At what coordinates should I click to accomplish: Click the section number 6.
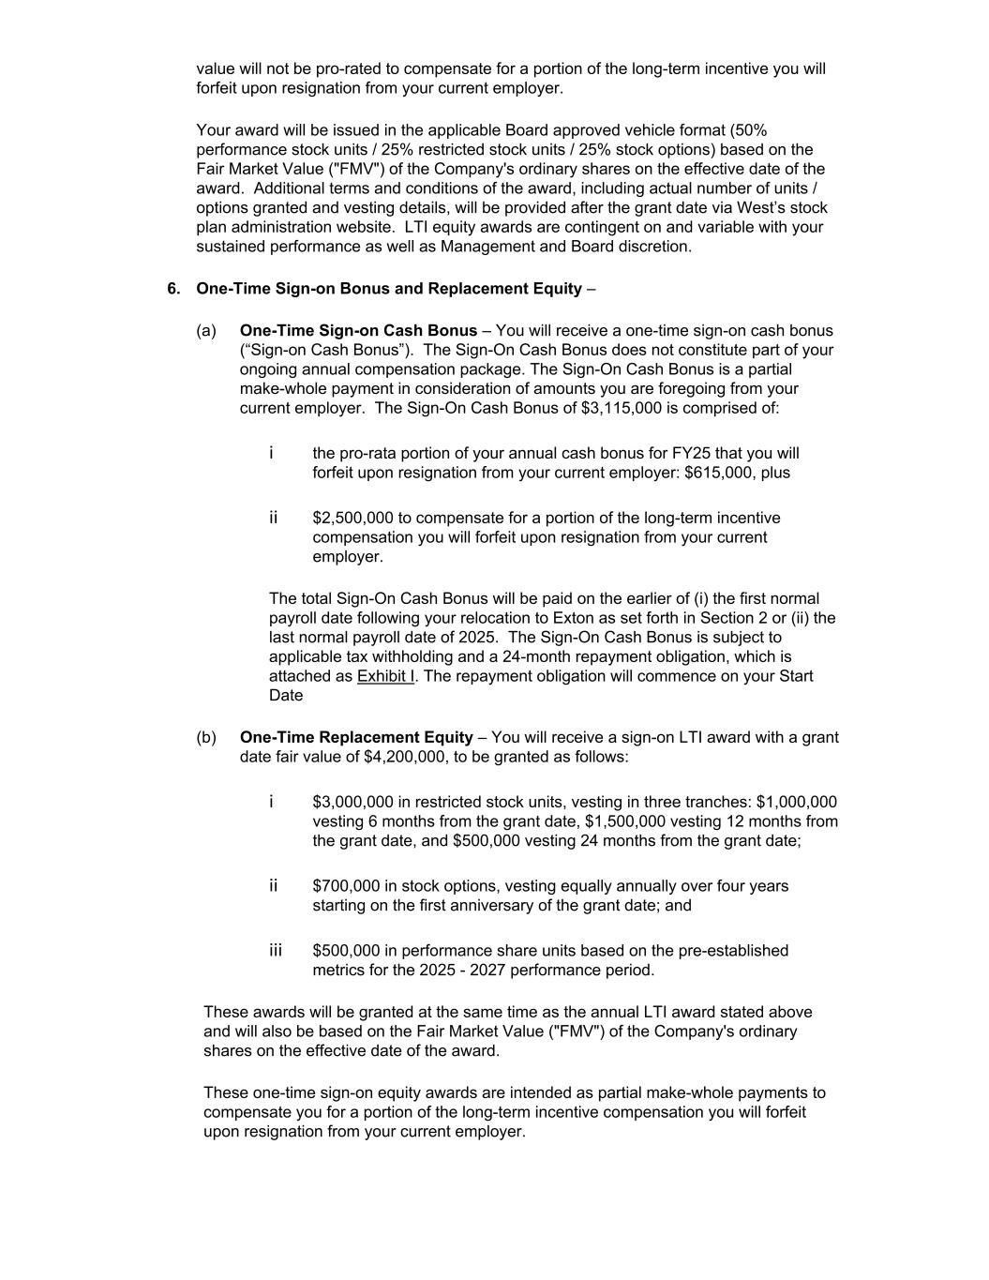pos(173,289)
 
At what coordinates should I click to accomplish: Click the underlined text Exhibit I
pos(385,676)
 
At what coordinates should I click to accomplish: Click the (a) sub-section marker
pos(206,331)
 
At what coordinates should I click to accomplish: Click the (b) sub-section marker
pos(206,738)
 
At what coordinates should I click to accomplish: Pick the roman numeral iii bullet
pos(276,951)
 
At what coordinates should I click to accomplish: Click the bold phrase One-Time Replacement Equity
pos(356,738)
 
